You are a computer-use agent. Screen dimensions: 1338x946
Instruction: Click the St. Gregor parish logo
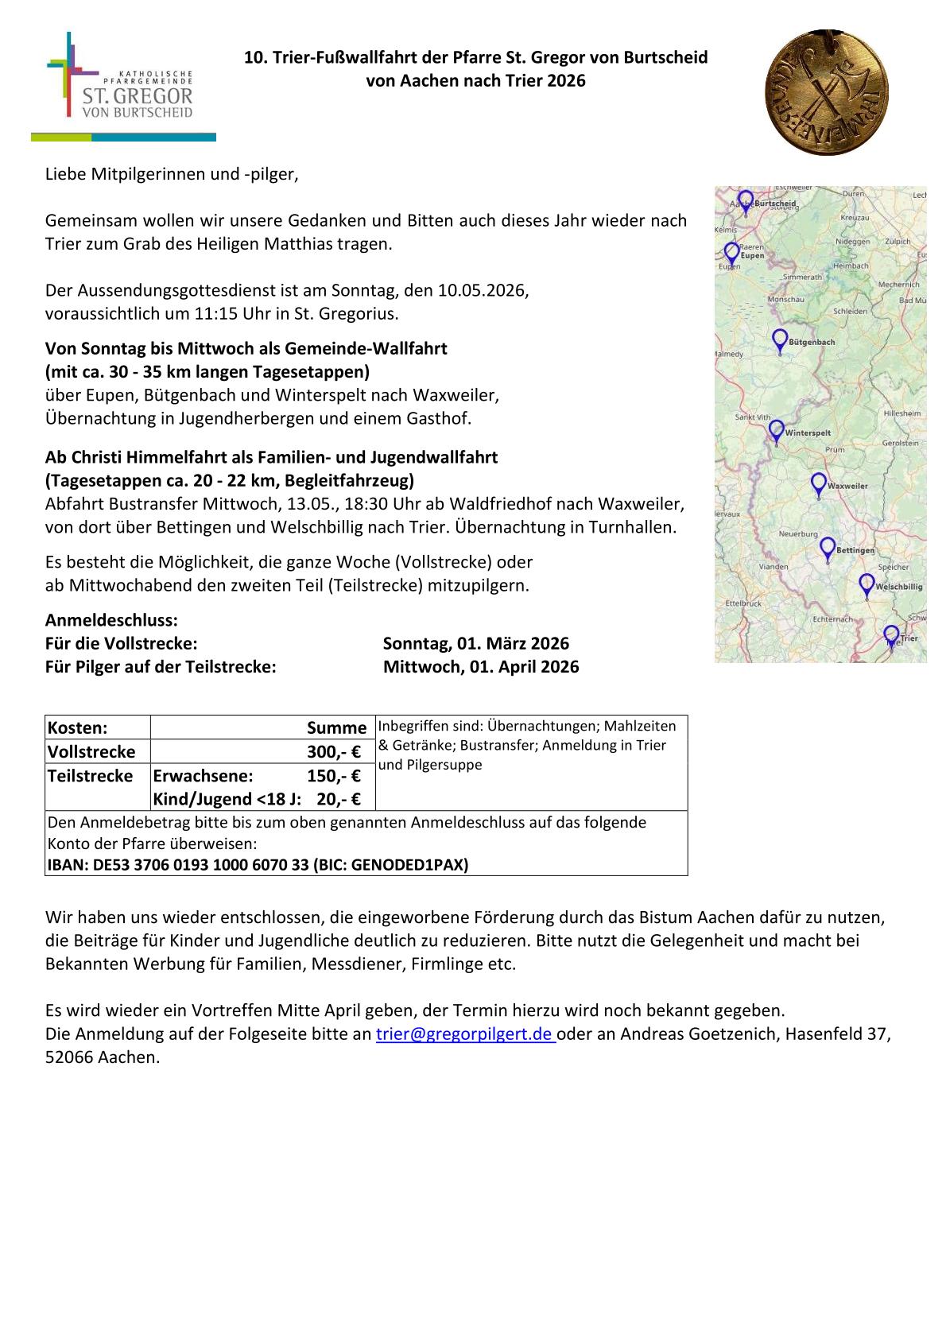click(x=123, y=87)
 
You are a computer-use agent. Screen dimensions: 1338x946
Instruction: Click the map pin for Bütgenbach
click(x=780, y=340)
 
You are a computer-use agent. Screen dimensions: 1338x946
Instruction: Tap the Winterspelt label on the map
click(x=808, y=433)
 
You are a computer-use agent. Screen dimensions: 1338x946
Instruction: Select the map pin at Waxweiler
click(x=818, y=483)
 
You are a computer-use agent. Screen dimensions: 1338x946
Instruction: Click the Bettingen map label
click(x=855, y=550)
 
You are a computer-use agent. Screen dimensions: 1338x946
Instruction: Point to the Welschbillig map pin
click(x=867, y=584)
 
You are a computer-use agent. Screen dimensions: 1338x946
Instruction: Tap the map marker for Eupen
click(x=731, y=253)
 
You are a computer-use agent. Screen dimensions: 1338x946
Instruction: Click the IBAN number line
click(x=258, y=865)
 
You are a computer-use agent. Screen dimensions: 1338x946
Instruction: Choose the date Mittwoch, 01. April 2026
click(x=480, y=667)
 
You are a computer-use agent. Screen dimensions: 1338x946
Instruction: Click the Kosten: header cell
click(x=78, y=727)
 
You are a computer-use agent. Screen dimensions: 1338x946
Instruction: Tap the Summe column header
click(x=336, y=727)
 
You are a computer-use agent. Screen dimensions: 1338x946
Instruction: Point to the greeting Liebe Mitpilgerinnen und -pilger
click(x=172, y=174)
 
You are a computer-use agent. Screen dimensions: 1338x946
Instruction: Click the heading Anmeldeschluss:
click(x=111, y=620)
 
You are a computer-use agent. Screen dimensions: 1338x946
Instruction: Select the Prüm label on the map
click(x=835, y=450)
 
